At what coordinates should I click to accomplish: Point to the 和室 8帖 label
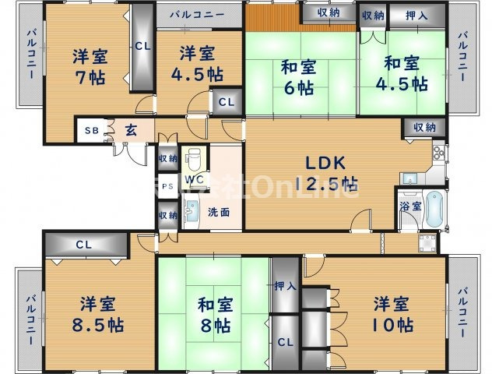coord(213,314)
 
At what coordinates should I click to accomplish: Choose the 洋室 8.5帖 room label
coord(92,313)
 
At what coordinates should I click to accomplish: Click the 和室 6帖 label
coord(298,76)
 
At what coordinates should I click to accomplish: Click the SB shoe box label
coord(92,131)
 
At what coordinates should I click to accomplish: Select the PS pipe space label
coord(167,187)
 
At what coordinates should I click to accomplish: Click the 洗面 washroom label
coord(218,212)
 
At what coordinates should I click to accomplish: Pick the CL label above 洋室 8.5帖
coord(84,245)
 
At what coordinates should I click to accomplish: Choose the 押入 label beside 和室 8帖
coord(286,287)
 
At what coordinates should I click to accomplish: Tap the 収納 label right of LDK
coord(424,127)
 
